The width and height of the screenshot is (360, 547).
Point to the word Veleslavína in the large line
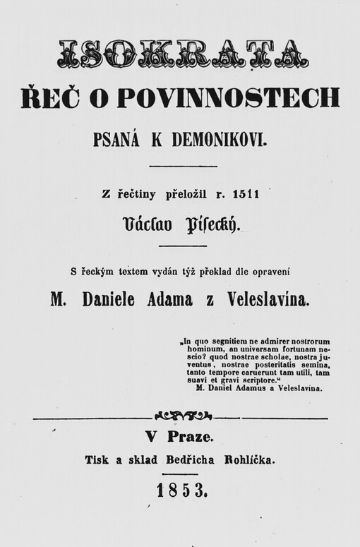(262, 300)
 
